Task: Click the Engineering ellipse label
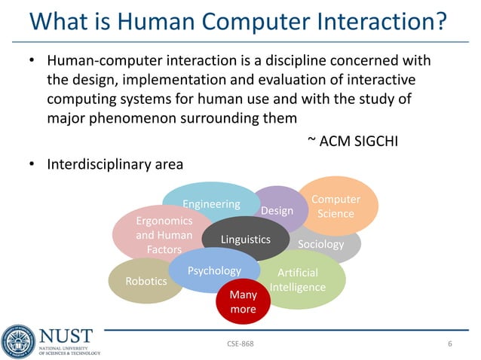[x=211, y=204]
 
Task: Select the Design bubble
[x=277, y=210]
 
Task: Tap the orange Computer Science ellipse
[x=335, y=206]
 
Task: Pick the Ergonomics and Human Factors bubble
[x=164, y=235]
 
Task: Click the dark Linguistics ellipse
[x=245, y=239]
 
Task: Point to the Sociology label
[x=321, y=244]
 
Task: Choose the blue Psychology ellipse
[x=214, y=270]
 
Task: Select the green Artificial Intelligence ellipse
[x=298, y=280]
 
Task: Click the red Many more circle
[x=243, y=302]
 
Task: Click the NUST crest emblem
[x=18, y=341]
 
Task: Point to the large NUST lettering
[x=66, y=335]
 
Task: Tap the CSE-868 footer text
[x=240, y=344]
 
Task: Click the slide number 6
[x=449, y=344]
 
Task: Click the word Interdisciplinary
[x=91, y=163]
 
